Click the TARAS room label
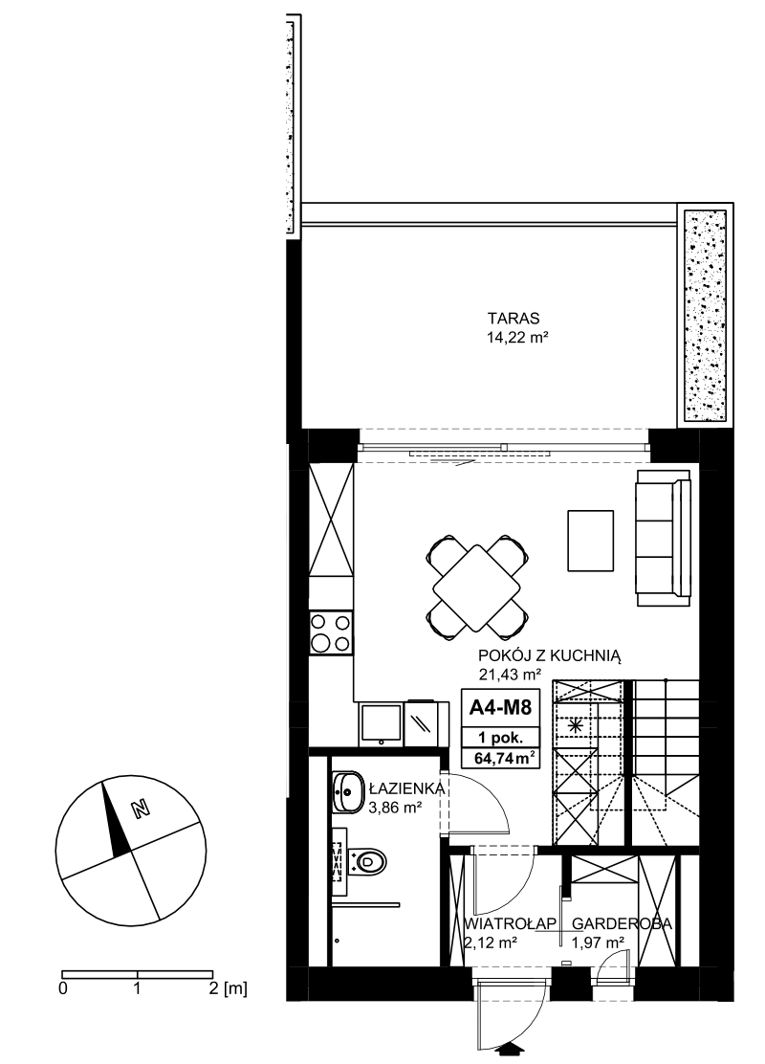coord(513,318)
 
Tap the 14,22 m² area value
coord(516,337)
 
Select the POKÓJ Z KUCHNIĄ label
coord(550,655)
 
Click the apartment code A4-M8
coord(500,708)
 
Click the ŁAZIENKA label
coord(407,788)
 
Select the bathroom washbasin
coord(349,791)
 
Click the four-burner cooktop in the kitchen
coord(331,632)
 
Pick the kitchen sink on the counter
coord(382,724)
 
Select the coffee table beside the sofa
coord(590,541)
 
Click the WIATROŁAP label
coord(511,923)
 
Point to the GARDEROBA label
coord(622,923)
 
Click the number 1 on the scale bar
coord(137,988)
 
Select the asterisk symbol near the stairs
coord(576,725)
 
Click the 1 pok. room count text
coord(500,738)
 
